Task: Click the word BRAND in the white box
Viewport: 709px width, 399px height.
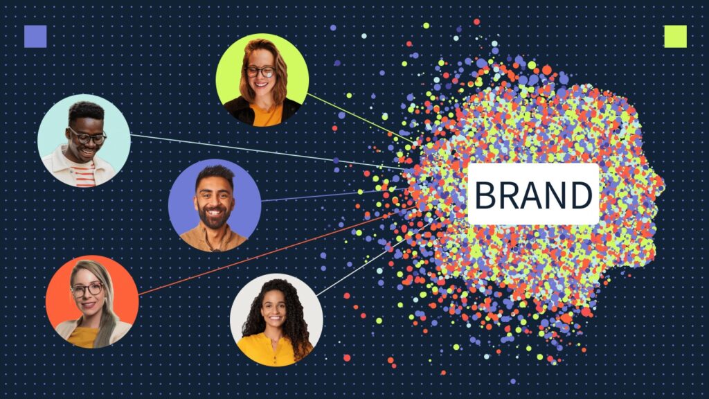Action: coord(533,195)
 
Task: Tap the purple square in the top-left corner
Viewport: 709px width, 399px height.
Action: coord(35,36)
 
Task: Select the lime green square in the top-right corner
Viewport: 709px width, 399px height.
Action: coord(675,36)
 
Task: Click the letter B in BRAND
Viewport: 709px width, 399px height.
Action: coord(486,195)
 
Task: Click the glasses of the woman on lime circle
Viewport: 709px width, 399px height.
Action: coord(260,71)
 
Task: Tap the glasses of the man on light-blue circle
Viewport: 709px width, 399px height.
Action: coord(87,137)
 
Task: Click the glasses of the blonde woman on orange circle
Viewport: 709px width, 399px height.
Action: coord(87,289)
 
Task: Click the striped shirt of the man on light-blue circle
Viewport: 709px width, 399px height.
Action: coord(84,177)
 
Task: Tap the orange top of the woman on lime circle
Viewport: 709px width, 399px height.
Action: coord(267,115)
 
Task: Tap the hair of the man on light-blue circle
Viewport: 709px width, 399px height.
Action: coord(85,112)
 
